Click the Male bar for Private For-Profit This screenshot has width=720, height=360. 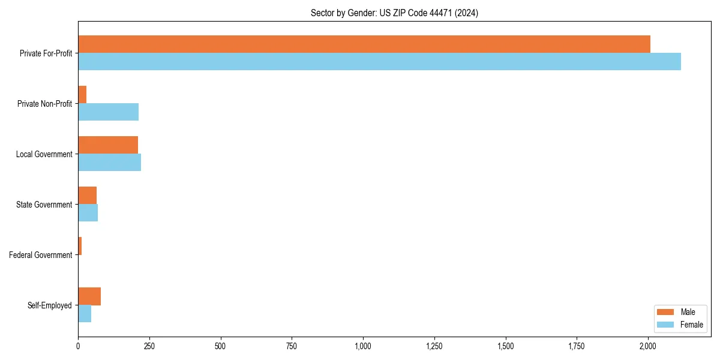tap(364, 44)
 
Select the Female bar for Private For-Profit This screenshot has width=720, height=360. tap(379, 61)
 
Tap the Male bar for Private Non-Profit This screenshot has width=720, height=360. tap(82, 94)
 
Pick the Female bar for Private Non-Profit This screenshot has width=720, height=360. tap(108, 112)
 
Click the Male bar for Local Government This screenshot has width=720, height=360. tap(108, 145)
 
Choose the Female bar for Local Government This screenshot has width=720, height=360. tap(109, 162)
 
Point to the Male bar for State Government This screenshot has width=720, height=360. tap(87, 195)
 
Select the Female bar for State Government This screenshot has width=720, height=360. tap(88, 212)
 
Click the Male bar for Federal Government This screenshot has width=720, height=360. tap(80, 245)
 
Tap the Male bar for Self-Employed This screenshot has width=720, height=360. tap(89, 296)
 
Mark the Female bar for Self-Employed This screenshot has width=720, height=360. tap(85, 313)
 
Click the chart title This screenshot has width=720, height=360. tap(394, 13)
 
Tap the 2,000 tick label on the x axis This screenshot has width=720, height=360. tap(648, 346)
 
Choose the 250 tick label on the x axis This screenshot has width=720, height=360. tap(149, 346)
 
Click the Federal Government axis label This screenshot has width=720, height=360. tap(41, 255)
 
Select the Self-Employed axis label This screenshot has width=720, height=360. tap(50, 305)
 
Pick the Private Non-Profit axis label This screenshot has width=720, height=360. tap(44, 104)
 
